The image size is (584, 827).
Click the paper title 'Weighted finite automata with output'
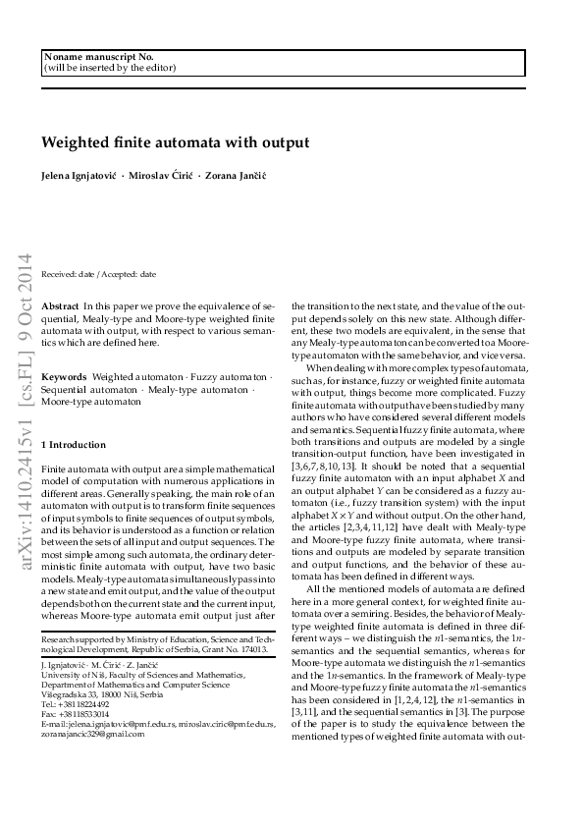click(x=175, y=141)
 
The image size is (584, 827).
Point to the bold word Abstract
click(x=61, y=307)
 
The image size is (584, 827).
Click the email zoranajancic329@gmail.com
click(x=93, y=733)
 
